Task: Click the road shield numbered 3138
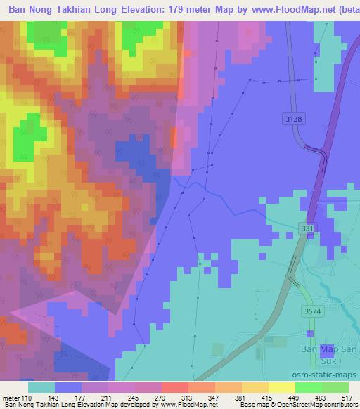pyautogui.click(x=293, y=119)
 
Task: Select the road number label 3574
pyautogui.click(x=311, y=310)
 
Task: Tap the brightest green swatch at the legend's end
pyautogui.click(x=335, y=387)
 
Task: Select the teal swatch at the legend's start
pyautogui.click(x=41, y=387)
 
